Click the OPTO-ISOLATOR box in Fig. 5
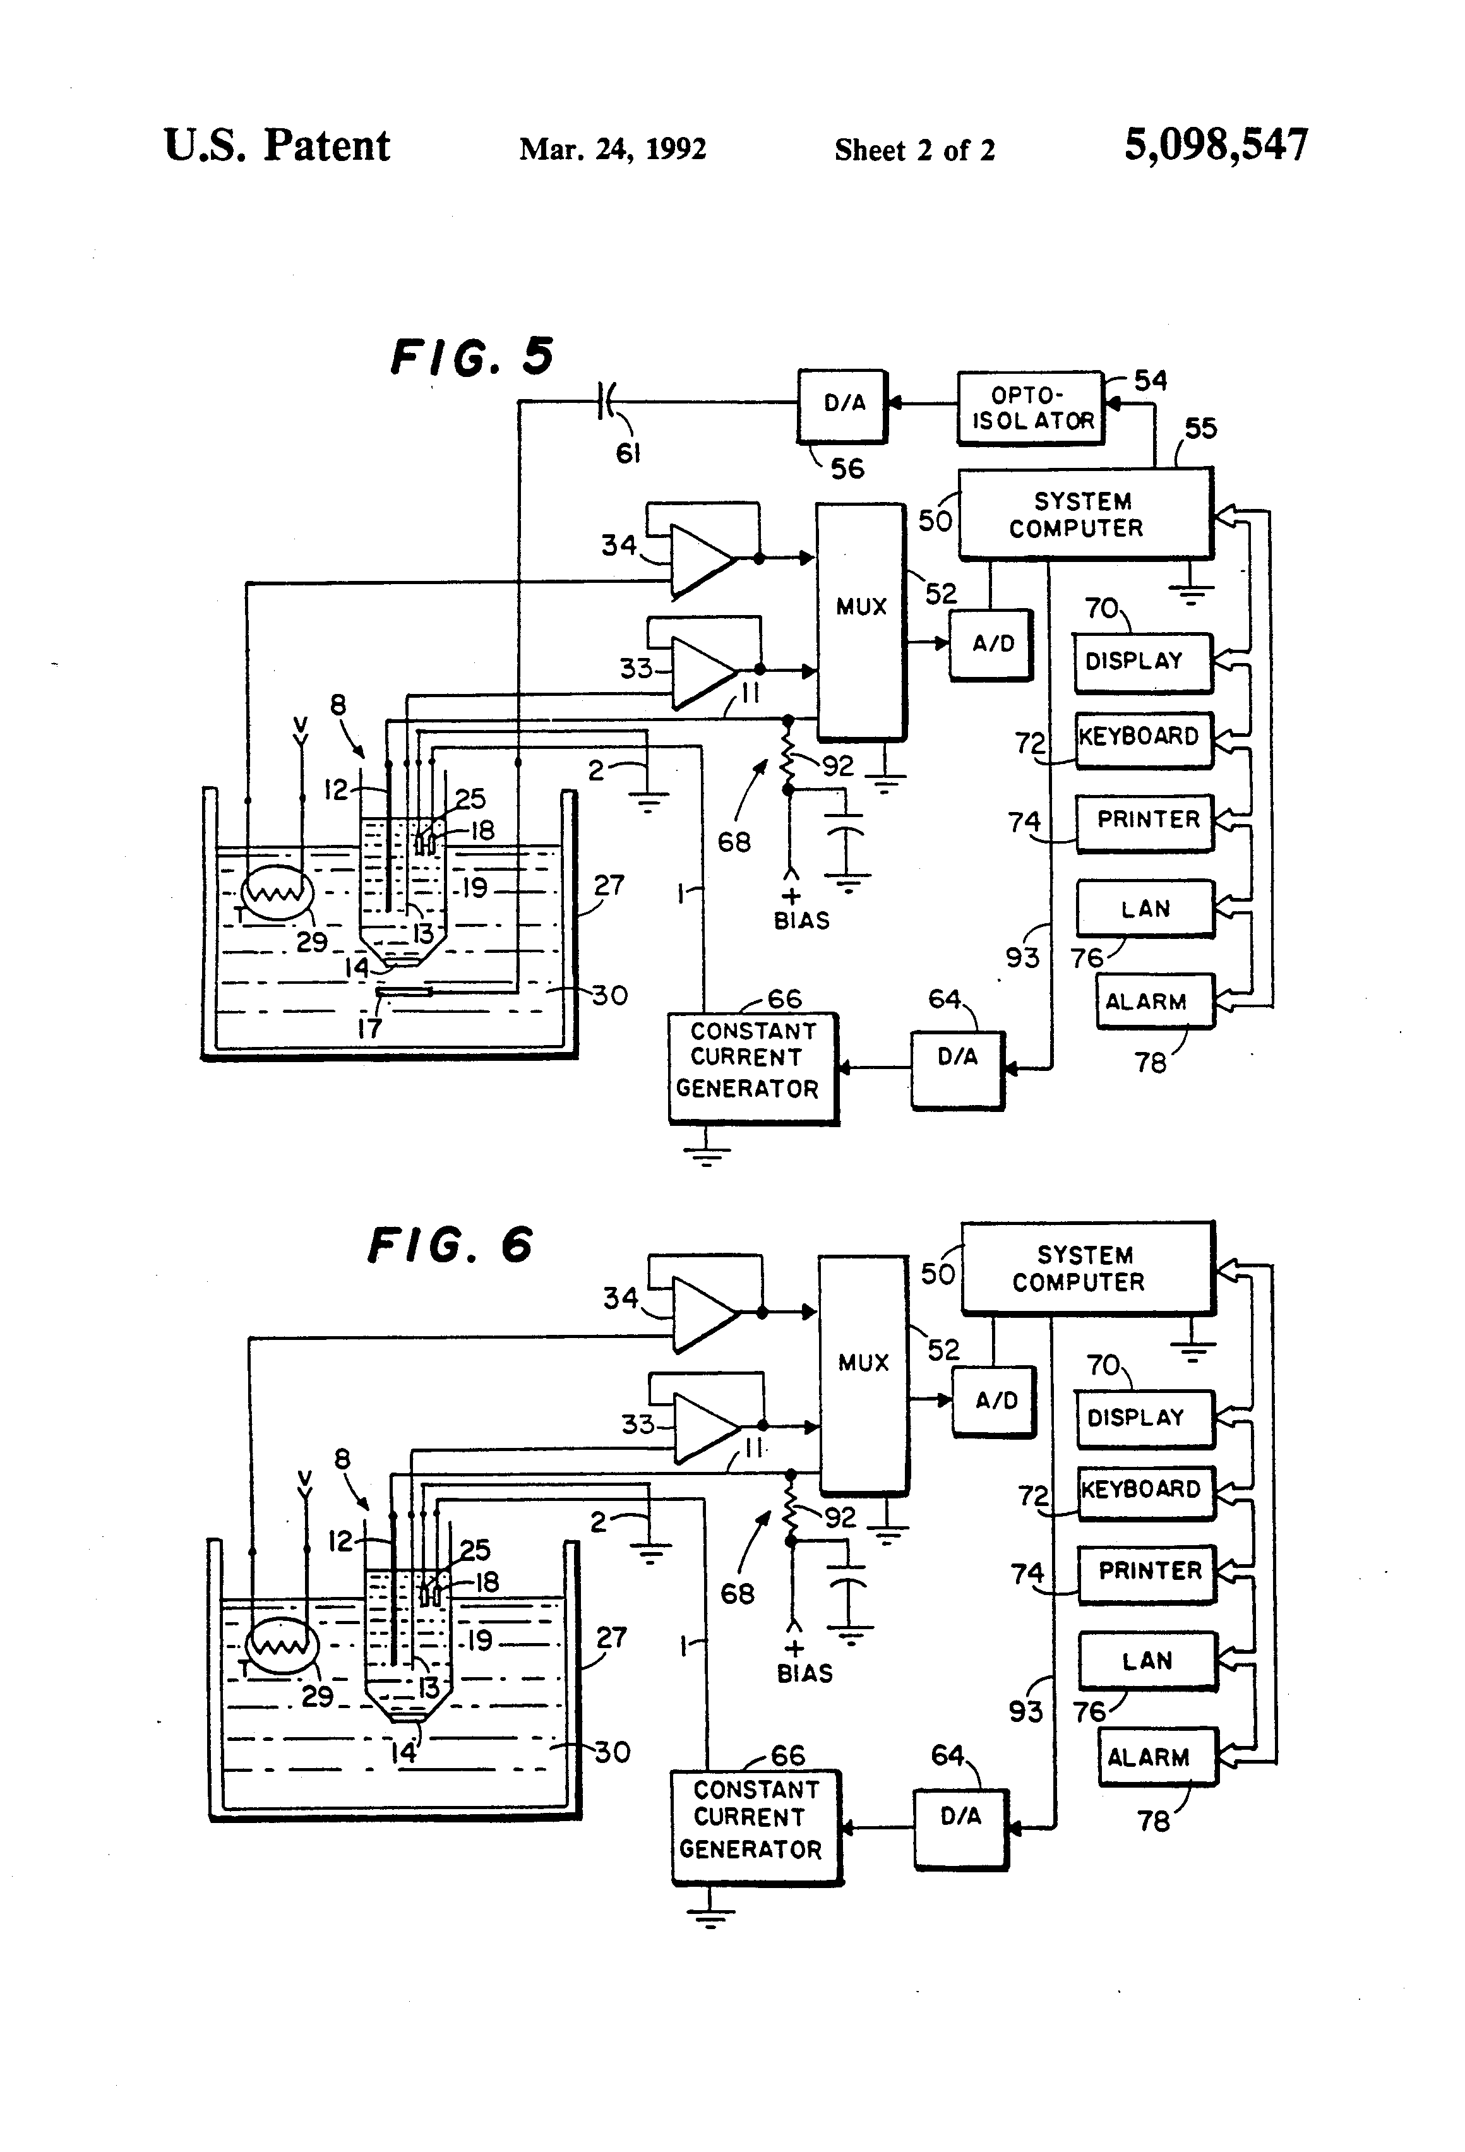(1030, 409)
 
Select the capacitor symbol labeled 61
(607, 401)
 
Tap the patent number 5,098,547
(1215, 145)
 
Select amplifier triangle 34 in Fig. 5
(700, 559)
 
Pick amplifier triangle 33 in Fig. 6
(704, 1427)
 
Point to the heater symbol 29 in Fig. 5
(277, 893)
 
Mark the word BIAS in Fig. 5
(801, 921)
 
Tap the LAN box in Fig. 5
(1145, 909)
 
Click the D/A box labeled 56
(843, 405)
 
